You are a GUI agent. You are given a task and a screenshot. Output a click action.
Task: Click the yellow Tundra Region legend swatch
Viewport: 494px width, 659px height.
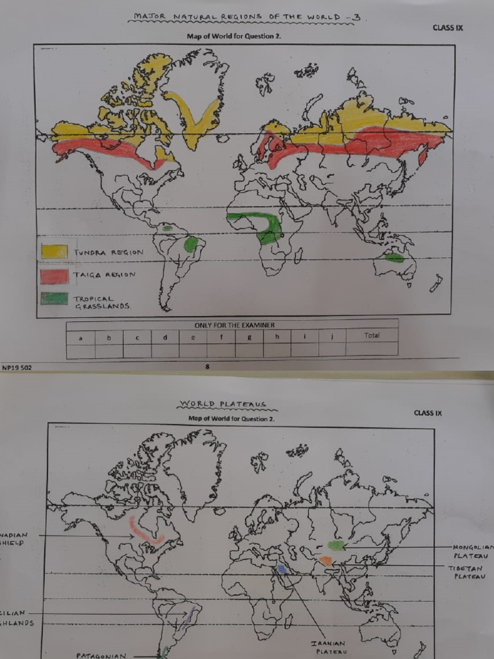[54, 251]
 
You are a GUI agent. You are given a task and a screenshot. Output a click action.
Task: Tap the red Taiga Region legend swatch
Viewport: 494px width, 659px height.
[54, 276]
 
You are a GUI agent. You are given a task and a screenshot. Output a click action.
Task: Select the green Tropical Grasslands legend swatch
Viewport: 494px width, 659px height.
[55, 299]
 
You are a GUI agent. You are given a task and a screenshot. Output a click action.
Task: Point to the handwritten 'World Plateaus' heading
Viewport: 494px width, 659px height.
[223, 405]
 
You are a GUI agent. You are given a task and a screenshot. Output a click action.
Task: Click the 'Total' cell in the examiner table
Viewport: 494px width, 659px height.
[371, 335]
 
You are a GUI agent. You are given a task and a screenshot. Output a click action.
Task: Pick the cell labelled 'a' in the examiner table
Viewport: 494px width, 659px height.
[80, 336]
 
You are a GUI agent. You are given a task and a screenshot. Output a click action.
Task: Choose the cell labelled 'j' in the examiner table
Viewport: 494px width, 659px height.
[331, 335]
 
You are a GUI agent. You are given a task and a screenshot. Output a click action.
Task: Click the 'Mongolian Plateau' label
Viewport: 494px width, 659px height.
[473, 551]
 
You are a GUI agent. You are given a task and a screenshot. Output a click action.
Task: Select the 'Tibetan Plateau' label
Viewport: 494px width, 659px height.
[466, 572]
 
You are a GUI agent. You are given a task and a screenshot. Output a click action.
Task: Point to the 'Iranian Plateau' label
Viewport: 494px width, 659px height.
[328, 647]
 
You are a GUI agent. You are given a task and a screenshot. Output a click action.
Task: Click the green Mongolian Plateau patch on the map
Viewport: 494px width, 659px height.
[336, 545]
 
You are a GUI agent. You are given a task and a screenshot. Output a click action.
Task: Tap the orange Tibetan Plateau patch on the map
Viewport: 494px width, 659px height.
[325, 561]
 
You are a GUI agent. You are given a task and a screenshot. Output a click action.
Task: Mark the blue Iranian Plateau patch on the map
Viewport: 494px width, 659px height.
[282, 570]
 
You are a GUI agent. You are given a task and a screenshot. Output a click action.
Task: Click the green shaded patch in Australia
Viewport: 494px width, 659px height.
[394, 257]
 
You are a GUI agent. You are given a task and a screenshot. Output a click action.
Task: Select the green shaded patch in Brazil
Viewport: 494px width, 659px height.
[191, 244]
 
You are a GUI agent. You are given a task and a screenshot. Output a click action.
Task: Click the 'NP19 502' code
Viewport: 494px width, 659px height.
[17, 367]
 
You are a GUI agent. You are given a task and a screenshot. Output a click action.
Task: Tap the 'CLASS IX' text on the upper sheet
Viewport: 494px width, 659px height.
[449, 28]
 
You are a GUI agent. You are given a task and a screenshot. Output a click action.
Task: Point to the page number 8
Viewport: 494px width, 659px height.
[207, 367]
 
